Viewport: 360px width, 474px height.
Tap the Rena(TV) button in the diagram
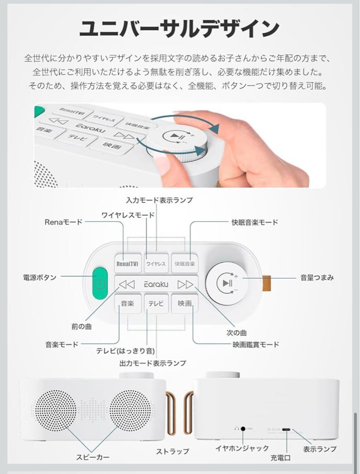[127, 263]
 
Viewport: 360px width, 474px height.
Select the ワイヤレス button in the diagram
[156, 263]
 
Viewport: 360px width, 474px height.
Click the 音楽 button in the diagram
[127, 304]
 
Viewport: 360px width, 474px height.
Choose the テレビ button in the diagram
[156, 304]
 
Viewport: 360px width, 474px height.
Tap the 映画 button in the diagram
[184, 304]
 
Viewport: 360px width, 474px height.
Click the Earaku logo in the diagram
[156, 284]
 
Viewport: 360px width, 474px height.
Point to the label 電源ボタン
[39, 278]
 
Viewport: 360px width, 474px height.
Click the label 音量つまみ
[317, 278]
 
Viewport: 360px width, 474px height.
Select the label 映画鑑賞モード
[255, 344]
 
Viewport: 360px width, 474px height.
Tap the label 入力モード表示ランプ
[159, 200]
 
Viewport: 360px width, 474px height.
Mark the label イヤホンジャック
[242, 448]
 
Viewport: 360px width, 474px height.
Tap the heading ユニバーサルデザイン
[180, 29]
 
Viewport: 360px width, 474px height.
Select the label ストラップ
[172, 451]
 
